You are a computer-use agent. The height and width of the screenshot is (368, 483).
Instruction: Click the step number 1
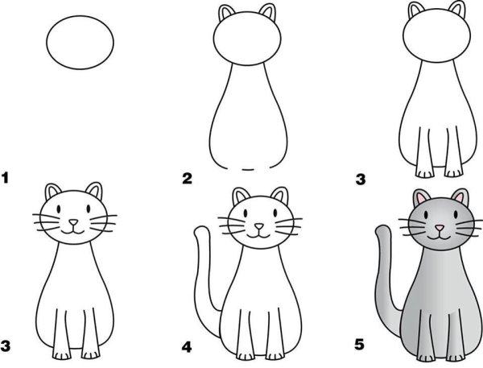[5, 178]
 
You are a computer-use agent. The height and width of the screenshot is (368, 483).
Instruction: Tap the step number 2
[188, 179]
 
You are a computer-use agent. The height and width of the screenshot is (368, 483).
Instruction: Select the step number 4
[187, 347]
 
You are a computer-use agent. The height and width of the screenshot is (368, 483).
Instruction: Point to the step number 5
[360, 345]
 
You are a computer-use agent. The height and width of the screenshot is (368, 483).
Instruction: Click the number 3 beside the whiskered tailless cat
[6, 345]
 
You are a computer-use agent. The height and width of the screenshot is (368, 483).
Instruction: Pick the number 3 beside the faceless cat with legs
[361, 179]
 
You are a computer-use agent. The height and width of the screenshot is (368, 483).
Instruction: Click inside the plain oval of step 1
[80, 43]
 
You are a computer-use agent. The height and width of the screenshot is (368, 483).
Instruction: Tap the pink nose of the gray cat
[440, 228]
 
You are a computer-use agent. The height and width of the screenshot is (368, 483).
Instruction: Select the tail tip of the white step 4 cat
[202, 230]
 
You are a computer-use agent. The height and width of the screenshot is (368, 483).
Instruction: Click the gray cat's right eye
[456, 214]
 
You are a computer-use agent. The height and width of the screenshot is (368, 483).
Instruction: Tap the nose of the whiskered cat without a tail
[73, 222]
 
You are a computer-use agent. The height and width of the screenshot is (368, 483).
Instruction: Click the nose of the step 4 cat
[259, 226]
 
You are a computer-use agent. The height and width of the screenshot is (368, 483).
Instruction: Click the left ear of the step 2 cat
[226, 13]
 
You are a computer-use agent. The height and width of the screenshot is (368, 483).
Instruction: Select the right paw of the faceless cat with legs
[454, 173]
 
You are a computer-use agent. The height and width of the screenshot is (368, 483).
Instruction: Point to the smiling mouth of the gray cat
[440, 237]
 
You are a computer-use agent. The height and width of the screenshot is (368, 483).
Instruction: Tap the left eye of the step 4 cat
[246, 213]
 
